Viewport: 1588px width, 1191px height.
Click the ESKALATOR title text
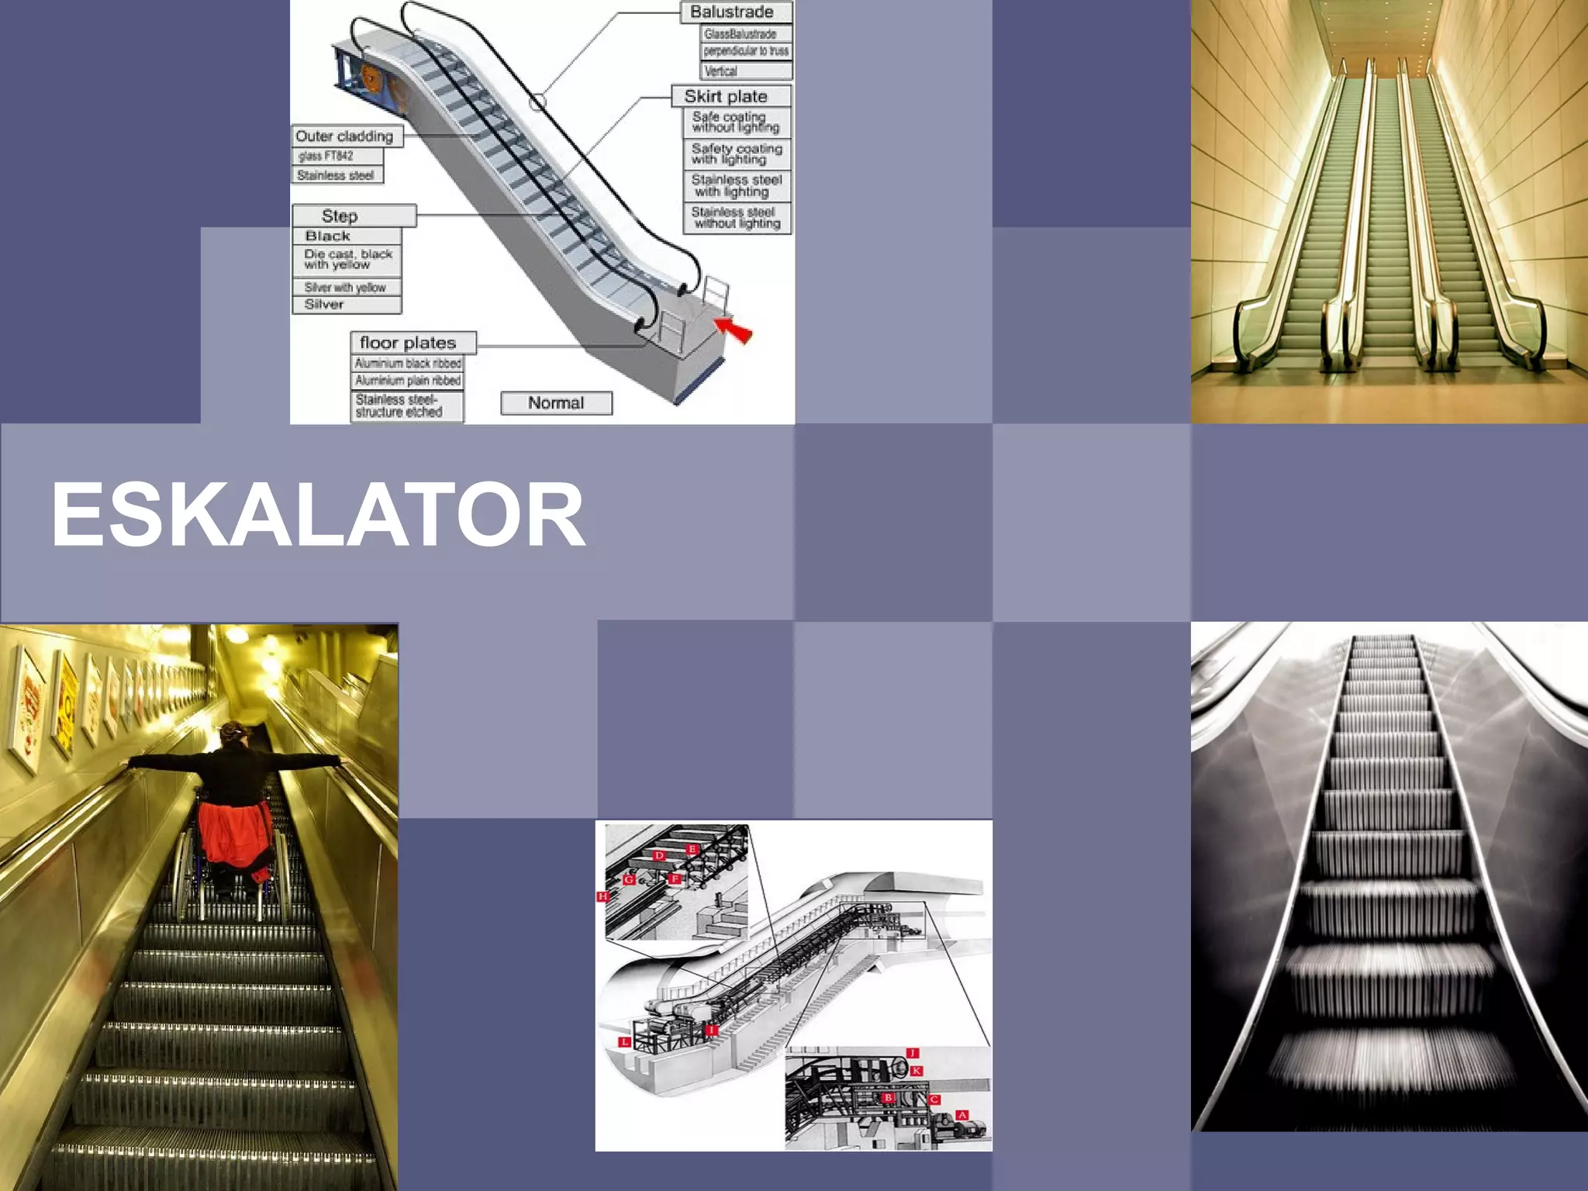click(x=318, y=515)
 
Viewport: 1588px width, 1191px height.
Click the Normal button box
click(x=556, y=403)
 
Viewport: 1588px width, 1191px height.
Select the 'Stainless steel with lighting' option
click(x=737, y=186)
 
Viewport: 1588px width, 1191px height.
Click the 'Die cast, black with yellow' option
click(x=347, y=260)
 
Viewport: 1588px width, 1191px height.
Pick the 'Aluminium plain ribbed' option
click(x=408, y=381)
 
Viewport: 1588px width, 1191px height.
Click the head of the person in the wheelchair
click(x=233, y=733)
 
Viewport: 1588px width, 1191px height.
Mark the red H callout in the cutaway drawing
click(x=602, y=896)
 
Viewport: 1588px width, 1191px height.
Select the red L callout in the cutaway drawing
click(x=623, y=1042)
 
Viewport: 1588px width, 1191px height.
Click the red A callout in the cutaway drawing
click(x=962, y=1115)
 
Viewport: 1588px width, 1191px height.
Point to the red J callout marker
click(x=913, y=1053)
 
